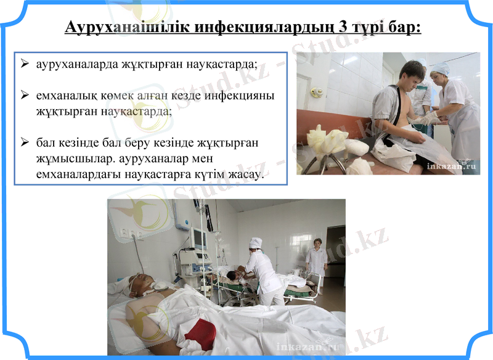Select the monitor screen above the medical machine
(x=198, y=237)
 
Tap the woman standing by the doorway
(x=317, y=260)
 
